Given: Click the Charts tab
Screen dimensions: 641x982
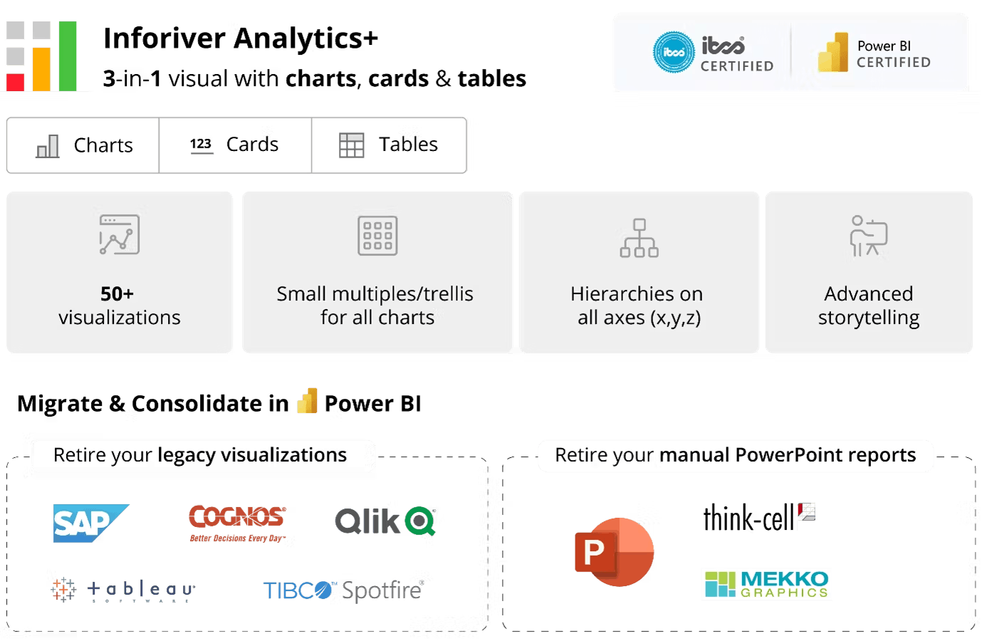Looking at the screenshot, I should pyautogui.click(x=84, y=145).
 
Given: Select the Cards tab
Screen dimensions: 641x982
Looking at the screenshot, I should pyautogui.click(x=235, y=145).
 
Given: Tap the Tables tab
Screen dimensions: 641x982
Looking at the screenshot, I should pyautogui.click(x=389, y=145).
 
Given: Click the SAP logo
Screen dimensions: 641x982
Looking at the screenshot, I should pyautogui.click(x=88, y=523).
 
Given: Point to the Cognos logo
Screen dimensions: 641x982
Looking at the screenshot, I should pyautogui.click(x=239, y=521).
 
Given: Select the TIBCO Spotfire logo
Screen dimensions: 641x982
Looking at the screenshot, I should pyautogui.click(x=343, y=590).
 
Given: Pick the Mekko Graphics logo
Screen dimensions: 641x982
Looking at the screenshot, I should pyautogui.click(x=766, y=584).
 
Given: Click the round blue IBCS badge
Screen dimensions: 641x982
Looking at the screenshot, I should pyautogui.click(x=673, y=52).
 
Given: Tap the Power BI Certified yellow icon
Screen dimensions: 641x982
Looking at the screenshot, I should pyautogui.click(x=832, y=53).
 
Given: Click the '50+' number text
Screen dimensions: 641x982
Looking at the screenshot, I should pyautogui.click(x=117, y=293).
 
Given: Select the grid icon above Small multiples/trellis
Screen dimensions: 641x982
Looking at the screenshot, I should pyautogui.click(x=377, y=235).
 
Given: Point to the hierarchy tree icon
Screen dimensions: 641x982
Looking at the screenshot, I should pyautogui.click(x=639, y=238).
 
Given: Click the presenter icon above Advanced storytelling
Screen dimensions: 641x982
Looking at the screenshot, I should pyautogui.click(x=868, y=236).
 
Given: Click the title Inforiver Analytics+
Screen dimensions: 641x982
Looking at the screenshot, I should pyautogui.click(x=240, y=38).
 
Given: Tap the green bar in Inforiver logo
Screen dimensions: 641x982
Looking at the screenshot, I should pyautogui.click(x=68, y=56).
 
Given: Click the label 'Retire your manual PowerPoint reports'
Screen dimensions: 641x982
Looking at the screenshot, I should pyautogui.click(x=735, y=455).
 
